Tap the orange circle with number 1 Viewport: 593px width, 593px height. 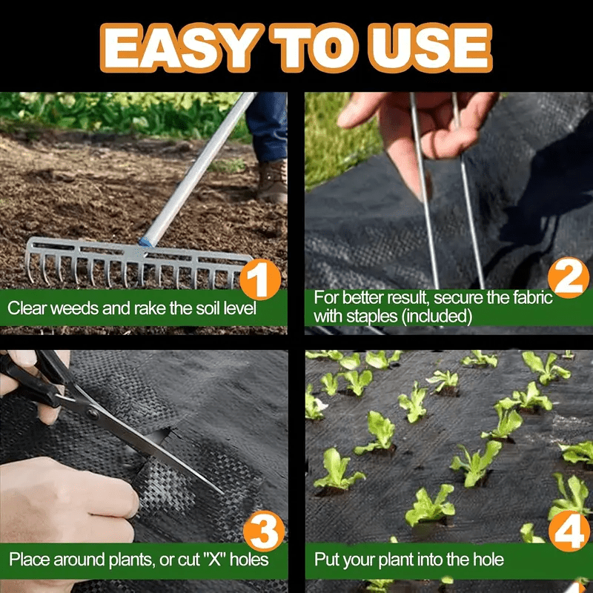coord(260,281)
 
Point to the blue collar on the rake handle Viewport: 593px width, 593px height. coord(145,241)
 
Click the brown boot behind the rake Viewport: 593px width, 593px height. coord(274,181)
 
